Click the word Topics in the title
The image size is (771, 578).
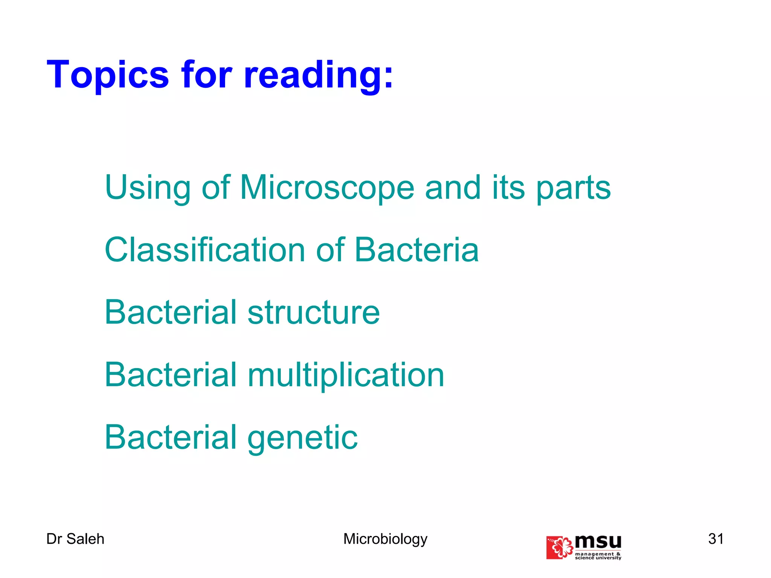108,75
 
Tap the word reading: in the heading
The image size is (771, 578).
318,75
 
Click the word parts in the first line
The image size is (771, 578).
573,188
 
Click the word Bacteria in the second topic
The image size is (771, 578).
416,250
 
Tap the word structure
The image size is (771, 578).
314,312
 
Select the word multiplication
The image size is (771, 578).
346,375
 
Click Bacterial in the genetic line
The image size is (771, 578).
171,437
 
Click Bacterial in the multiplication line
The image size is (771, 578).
171,375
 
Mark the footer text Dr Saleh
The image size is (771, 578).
75,539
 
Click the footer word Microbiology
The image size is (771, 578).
385,539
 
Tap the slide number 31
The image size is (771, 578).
716,538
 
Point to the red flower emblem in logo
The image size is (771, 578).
559,548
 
